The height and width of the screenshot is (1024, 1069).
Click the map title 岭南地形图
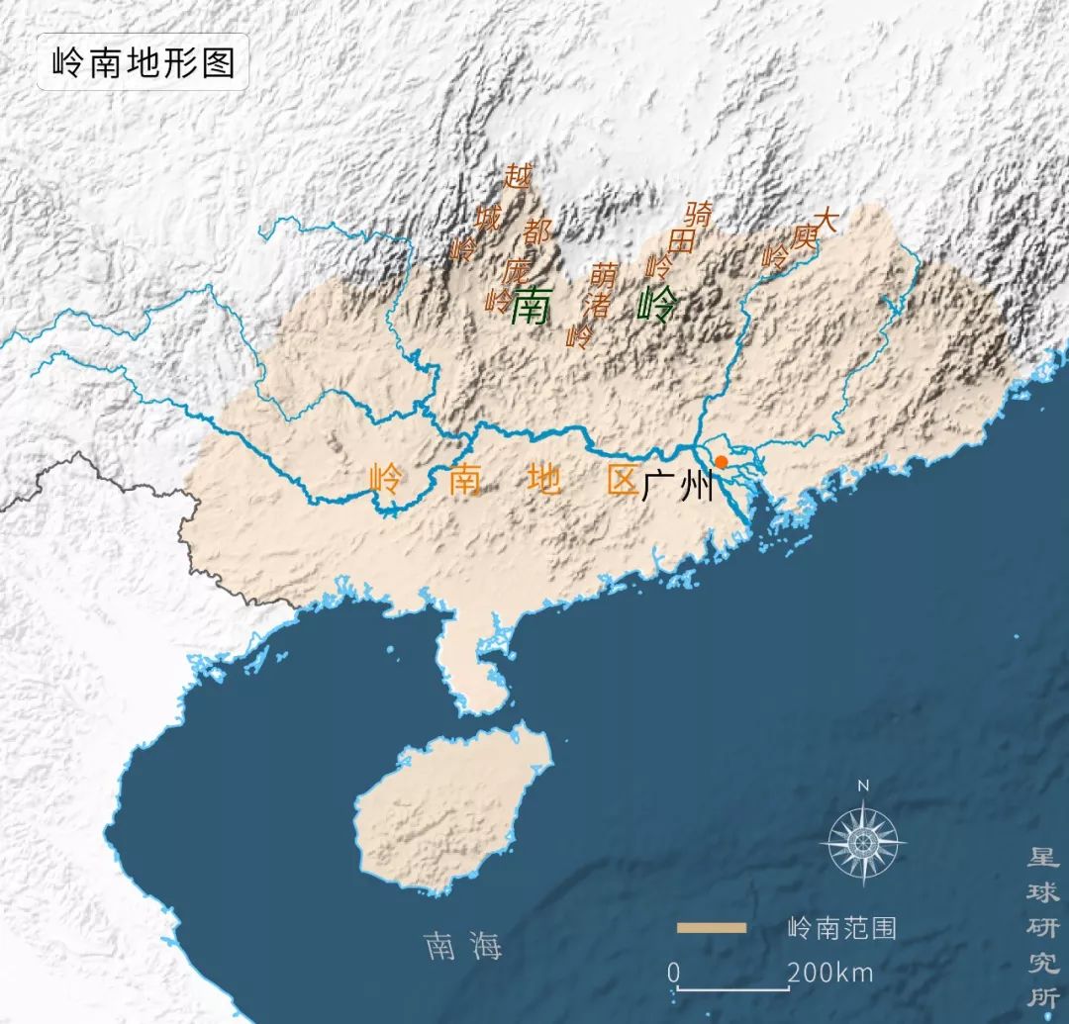click(143, 62)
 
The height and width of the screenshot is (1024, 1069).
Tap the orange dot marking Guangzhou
click(722, 462)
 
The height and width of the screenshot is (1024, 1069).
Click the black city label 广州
click(676, 486)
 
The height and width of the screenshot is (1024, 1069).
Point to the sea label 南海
click(463, 946)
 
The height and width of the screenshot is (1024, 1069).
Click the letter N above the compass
click(863, 786)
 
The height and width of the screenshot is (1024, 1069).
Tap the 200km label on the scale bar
click(831, 974)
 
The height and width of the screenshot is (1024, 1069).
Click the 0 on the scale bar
click(673, 974)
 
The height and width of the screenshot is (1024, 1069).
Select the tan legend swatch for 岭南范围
click(712, 928)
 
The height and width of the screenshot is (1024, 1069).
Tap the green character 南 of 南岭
click(531, 307)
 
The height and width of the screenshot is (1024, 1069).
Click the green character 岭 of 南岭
click(655, 306)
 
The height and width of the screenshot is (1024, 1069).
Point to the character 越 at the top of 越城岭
click(518, 177)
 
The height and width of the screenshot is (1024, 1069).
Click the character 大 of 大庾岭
click(824, 220)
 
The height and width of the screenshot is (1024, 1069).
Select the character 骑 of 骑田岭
click(699, 213)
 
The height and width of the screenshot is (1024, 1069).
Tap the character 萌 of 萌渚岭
click(603, 274)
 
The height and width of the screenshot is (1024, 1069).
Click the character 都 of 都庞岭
click(537, 233)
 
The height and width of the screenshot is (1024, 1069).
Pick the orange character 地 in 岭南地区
click(545, 480)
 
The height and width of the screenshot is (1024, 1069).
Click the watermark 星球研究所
click(1042, 925)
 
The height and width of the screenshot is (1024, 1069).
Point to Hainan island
click(450, 811)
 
